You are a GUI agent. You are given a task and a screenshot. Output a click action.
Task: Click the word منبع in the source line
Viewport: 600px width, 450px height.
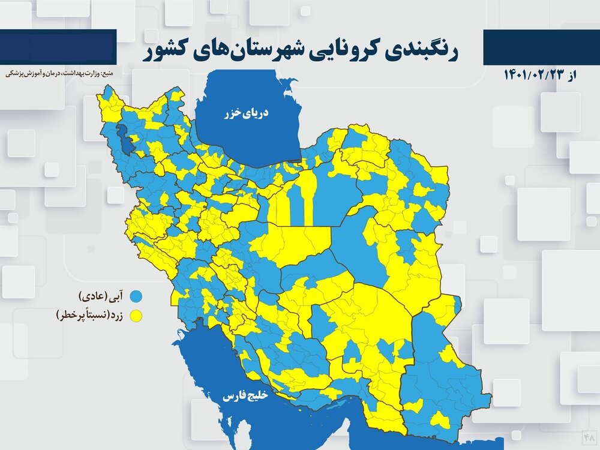[x=111, y=74]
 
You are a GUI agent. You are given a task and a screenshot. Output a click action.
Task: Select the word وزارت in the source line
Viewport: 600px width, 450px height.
[x=92, y=74]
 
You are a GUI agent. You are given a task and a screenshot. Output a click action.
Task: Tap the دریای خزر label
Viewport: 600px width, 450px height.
[x=246, y=112]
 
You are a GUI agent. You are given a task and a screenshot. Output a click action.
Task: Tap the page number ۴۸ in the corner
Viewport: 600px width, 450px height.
[x=588, y=433]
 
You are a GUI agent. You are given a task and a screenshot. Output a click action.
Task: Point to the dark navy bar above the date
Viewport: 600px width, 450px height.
[x=541, y=47]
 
